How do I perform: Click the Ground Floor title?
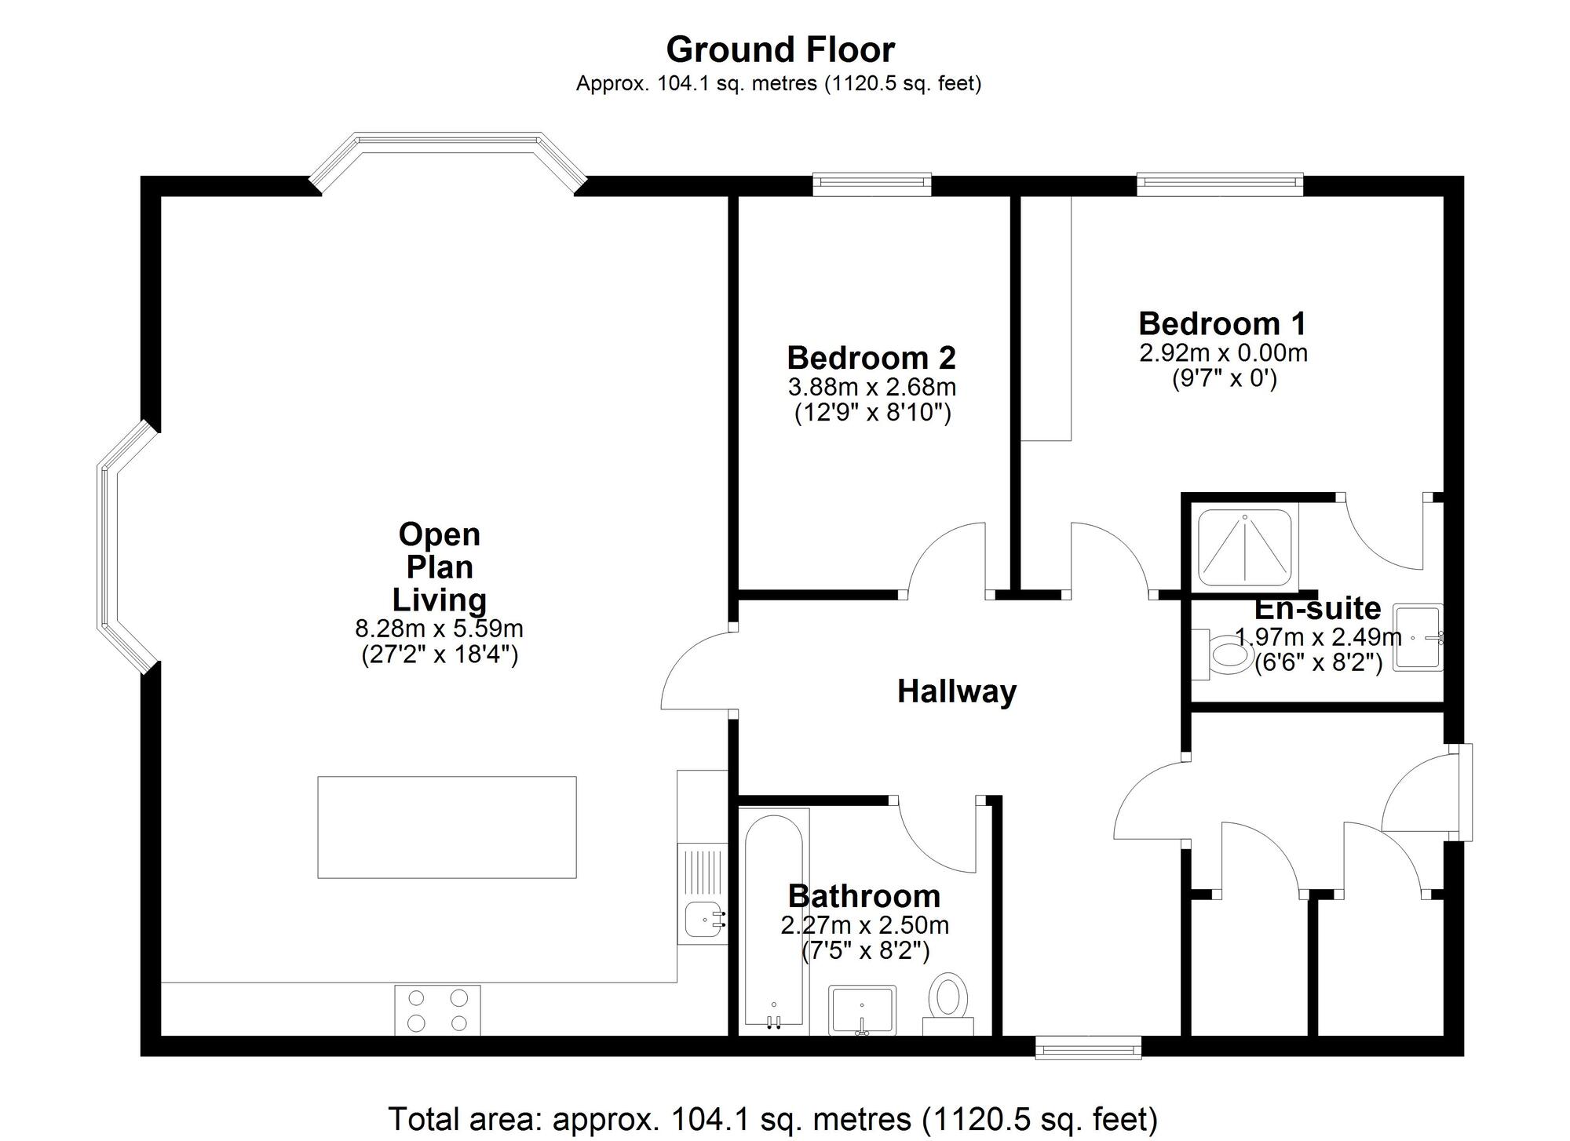click(780, 50)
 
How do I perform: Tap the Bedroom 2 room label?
click(871, 358)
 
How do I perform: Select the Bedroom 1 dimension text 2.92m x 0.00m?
click(1223, 353)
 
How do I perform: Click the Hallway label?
click(956, 691)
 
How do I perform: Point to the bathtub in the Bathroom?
click(773, 921)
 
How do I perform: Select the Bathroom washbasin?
click(862, 1009)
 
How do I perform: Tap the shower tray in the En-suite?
click(1244, 549)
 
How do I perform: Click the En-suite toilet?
click(1225, 654)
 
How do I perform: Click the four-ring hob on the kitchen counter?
click(437, 1010)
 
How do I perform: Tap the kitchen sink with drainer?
click(703, 895)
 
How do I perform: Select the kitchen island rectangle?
click(447, 827)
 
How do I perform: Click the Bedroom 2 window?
click(871, 184)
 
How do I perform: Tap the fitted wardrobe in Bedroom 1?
click(1046, 318)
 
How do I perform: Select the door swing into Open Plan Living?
click(695, 671)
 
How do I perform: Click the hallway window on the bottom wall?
click(1087, 1048)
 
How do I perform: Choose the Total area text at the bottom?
click(773, 1118)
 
